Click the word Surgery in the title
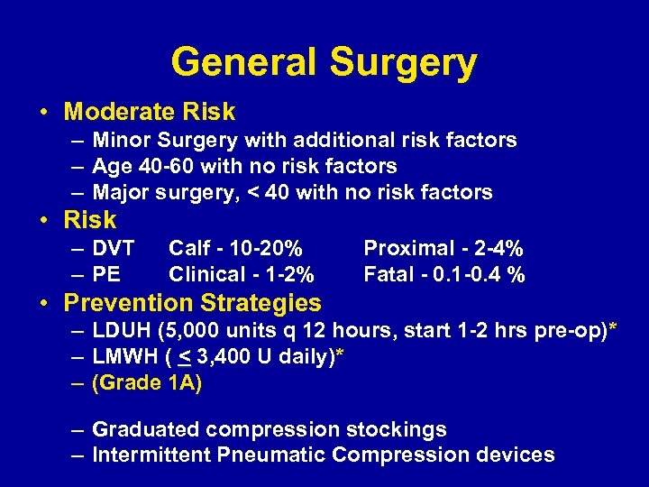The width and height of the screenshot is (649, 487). tap(403, 63)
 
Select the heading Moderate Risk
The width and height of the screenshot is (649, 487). tap(150, 112)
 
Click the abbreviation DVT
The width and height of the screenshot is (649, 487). tap(114, 248)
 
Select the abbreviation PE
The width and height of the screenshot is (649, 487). tap(106, 274)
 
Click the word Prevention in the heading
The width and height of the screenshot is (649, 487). tap(124, 303)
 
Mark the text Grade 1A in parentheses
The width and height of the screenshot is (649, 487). tap(148, 383)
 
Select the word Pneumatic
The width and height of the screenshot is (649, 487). tap(271, 455)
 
